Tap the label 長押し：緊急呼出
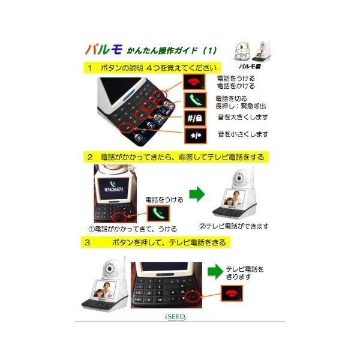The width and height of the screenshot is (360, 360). click(x=244, y=106)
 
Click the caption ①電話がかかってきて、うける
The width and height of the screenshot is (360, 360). click(x=133, y=229)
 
